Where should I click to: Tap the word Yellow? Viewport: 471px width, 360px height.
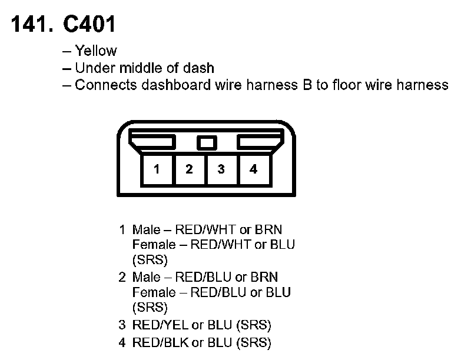[96, 51]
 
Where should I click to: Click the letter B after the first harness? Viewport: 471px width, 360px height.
[307, 85]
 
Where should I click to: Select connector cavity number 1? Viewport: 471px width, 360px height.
[157, 169]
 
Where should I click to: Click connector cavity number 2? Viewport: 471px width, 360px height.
[189, 169]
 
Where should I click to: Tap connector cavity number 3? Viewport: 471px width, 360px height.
[221, 169]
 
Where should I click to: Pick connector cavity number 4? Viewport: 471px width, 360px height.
[253, 169]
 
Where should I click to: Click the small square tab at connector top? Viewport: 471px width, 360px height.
[205, 142]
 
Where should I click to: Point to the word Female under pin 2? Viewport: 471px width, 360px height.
[154, 292]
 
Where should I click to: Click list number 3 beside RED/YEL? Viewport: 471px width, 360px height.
[122, 325]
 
